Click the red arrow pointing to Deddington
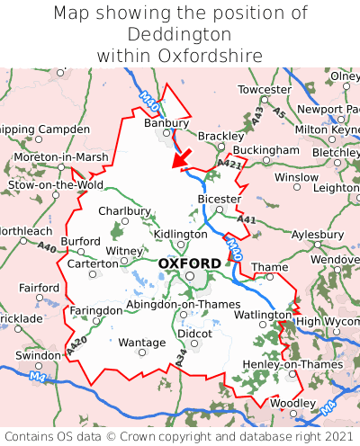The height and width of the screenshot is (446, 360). coord(182,157)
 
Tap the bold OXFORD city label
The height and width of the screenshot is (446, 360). coord(189,263)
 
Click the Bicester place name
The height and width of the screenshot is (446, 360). coord(220,199)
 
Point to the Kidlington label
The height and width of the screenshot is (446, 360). coord(180,234)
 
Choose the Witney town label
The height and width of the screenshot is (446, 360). coord(124,251)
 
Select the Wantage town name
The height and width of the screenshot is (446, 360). coord(142,343)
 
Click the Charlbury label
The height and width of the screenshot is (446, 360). coord(124,211)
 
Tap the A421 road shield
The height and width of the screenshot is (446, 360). coord(229,163)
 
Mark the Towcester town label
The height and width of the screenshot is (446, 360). coord(265,90)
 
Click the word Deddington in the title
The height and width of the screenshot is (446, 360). coord(180,34)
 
